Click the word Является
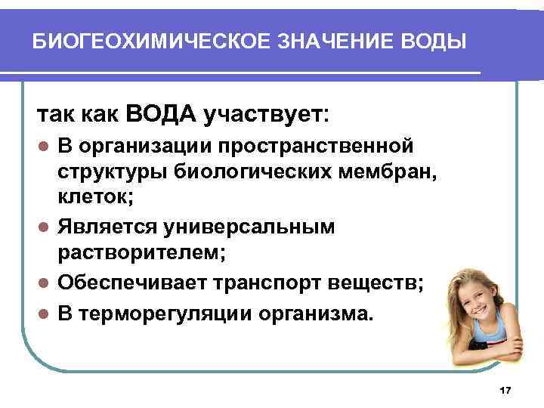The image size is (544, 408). [108, 227]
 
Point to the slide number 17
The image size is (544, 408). [506, 390]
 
